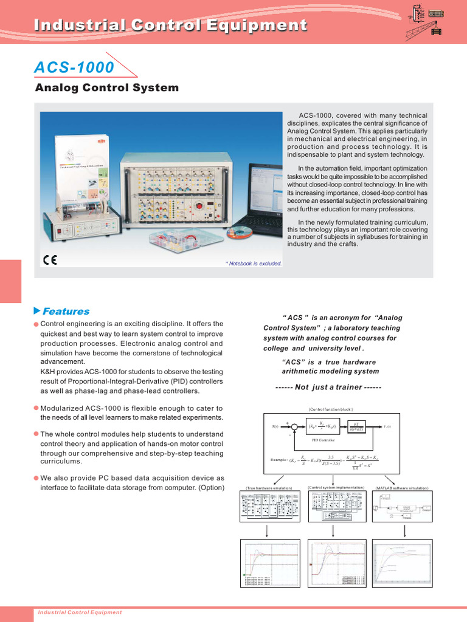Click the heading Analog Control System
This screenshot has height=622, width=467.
click(107, 88)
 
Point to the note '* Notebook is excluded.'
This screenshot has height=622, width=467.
click(254, 263)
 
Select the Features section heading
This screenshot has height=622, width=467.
click(65, 311)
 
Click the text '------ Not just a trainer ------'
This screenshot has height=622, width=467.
click(328, 388)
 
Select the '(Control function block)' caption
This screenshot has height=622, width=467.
click(331, 409)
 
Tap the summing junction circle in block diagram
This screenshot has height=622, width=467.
click(294, 427)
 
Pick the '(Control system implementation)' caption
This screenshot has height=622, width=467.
click(336, 487)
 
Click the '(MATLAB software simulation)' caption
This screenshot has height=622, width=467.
click(402, 488)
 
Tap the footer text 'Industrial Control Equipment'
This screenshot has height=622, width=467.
click(80, 612)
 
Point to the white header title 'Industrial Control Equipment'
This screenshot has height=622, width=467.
click(170, 25)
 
